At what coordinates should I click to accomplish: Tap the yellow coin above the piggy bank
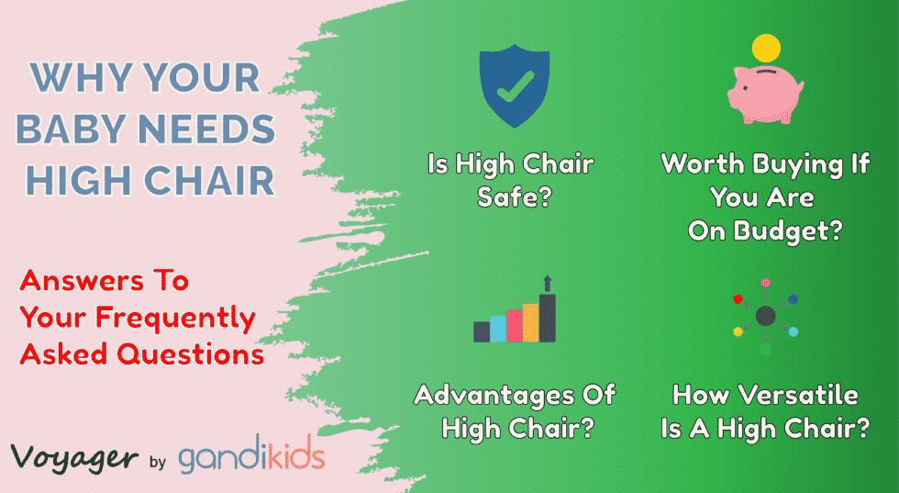[x=765, y=47]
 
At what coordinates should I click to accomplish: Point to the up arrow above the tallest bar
[x=548, y=283]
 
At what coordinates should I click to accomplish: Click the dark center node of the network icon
[x=765, y=316]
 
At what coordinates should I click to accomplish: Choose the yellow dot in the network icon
[x=737, y=331]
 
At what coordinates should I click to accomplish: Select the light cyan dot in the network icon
[x=794, y=331]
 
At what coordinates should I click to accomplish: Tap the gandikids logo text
[x=250, y=456]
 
